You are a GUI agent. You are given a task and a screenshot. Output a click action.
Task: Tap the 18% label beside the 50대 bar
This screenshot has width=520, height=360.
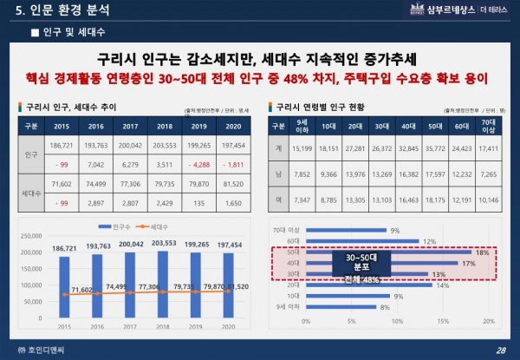pyautogui.click(x=481, y=252)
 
